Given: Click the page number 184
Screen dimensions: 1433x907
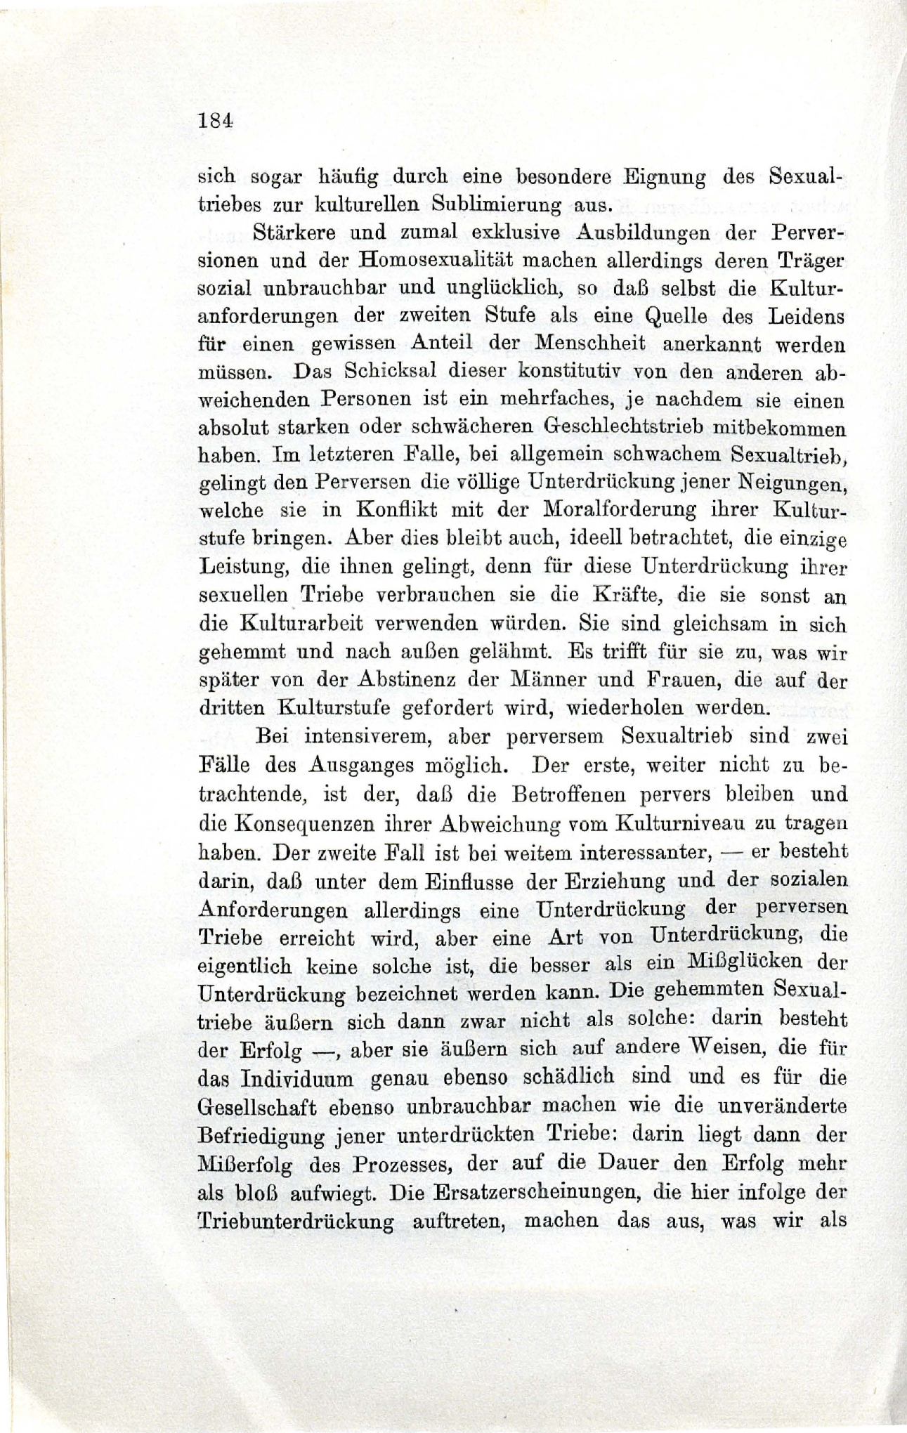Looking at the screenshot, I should tap(216, 120).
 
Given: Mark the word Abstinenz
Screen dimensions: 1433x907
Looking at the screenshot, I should tap(402, 679).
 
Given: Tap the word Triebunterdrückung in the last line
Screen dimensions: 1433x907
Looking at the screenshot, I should tap(296, 1221).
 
